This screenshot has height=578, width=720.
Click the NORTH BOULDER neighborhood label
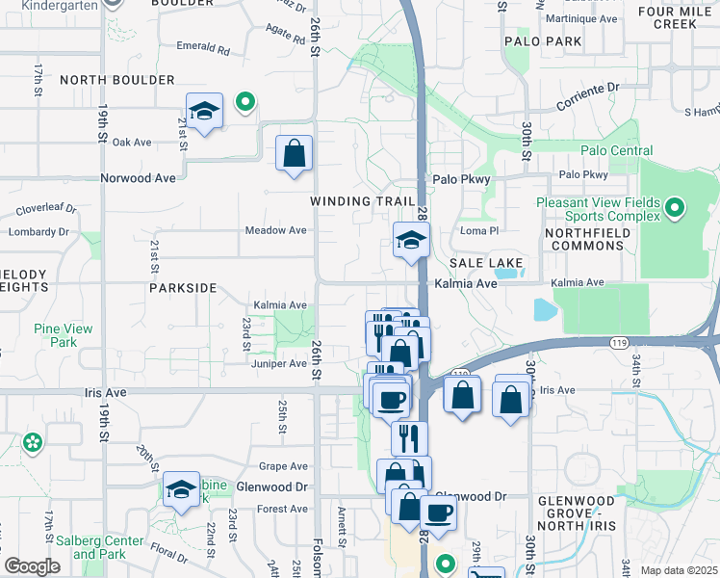point(117,80)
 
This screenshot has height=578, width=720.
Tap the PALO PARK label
point(543,41)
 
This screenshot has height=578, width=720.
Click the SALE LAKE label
point(486,263)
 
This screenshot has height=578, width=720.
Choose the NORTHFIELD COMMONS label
point(584,240)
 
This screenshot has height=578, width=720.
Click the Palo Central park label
point(616,151)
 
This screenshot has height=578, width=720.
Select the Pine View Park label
point(64,335)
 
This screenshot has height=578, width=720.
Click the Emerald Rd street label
point(203,47)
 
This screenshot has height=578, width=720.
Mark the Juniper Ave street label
point(278,364)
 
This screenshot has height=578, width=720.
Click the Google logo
point(33,566)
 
